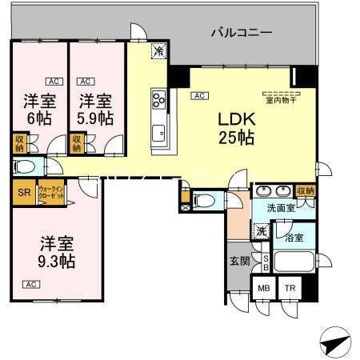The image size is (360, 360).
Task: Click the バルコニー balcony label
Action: click(x=242, y=34)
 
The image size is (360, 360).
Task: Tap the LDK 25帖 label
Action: click(x=237, y=127)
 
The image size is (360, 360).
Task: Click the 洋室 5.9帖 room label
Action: click(x=94, y=110)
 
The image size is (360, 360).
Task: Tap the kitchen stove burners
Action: click(x=158, y=101)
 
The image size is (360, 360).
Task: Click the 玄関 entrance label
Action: click(x=239, y=261)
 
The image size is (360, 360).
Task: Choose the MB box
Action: click(x=262, y=290)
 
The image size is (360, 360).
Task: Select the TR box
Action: click(x=288, y=290)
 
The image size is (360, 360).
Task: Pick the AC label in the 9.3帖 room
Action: click(x=31, y=284)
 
